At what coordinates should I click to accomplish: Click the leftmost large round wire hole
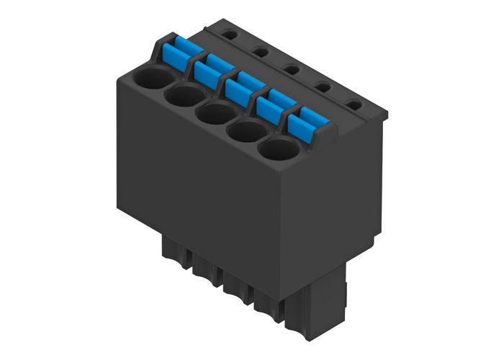click(x=154, y=78)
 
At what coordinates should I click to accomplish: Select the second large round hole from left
click(x=186, y=96)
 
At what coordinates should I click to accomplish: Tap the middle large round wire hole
click(x=216, y=114)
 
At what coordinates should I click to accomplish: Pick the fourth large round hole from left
click(x=247, y=132)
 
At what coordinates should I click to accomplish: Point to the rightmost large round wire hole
click(x=279, y=150)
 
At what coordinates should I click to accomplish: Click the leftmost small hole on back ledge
click(x=228, y=32)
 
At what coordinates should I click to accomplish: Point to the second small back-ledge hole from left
click(x=258, y=50)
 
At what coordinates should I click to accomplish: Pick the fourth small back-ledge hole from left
click(x=322, y=87)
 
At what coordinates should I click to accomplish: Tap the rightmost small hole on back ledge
click(x=353, y=105)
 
